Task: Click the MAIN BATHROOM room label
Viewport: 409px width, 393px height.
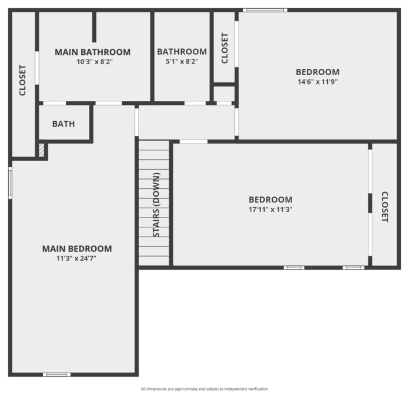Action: pos(92,52)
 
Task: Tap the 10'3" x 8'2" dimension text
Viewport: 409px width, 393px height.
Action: pos(95,62)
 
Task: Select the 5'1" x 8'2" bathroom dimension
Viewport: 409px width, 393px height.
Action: pos(182,62)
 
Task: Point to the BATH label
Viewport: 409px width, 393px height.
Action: pos(63,124)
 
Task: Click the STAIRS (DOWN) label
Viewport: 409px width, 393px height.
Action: pos(156,205)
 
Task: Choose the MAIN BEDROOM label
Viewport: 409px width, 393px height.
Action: pos(77,249)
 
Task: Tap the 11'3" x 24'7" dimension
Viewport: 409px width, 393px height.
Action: pos(77,258)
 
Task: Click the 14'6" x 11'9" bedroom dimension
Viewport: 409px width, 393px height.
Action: pos(318,82)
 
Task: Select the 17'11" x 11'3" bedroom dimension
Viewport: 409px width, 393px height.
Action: pos(271,209)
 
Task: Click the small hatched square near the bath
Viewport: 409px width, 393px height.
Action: pos(41,150)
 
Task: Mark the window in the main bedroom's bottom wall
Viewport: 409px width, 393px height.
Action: pos(57,374)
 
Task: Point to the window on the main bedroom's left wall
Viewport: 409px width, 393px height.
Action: pos(10,183)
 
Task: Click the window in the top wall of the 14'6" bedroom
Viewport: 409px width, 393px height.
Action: pos(265,10)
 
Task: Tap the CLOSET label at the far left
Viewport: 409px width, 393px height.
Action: pos(22,80)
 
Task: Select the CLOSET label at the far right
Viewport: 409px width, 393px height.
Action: pos(385,207)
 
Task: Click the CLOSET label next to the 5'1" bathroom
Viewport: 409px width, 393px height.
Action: pos(224,48)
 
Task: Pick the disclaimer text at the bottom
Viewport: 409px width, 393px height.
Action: pos(204,389)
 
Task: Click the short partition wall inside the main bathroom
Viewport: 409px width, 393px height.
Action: pos(94,27)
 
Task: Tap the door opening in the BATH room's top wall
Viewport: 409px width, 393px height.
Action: pos(54,103)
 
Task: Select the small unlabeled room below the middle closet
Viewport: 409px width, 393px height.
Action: pos(224,94)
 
